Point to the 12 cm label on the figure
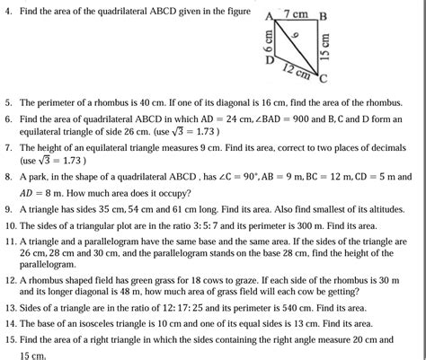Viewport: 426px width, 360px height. (x=297, y=72)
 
